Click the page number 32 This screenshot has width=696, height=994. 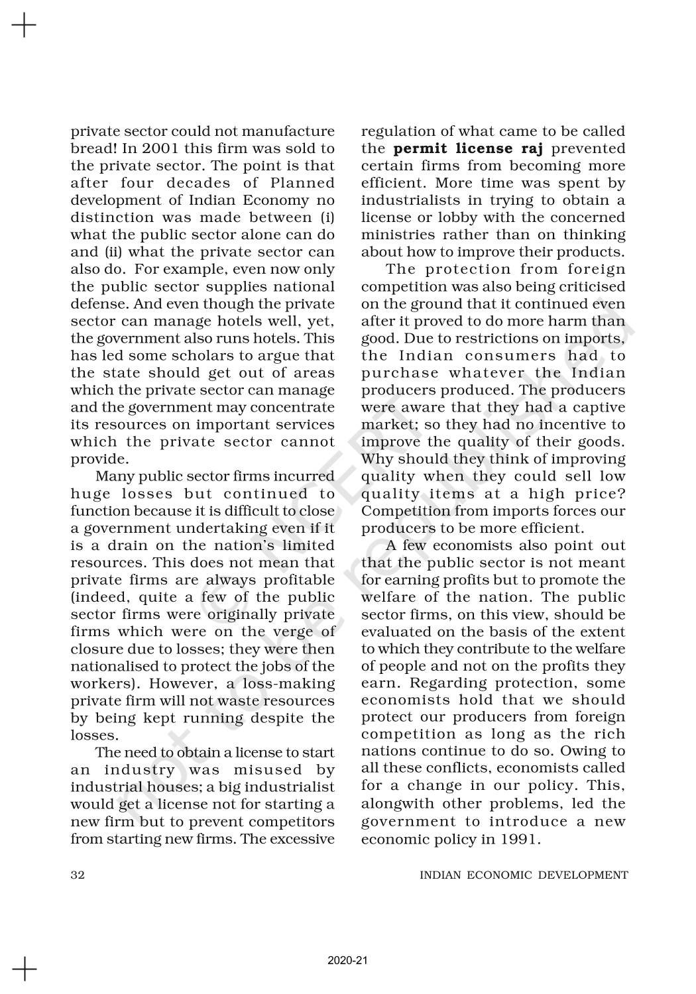pyautogui.click(x=78, y=875)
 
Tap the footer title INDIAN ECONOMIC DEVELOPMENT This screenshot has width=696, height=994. pyautogui.click(x=524, y=875)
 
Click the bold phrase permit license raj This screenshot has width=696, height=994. pyautogui.click(x=468, y=148)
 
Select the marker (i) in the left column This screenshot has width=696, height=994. pyautogui.click(x=326, y=217)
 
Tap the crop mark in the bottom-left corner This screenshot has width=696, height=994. pyautogui.click(x=24, y=969)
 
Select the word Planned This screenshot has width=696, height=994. pyautogui.click(x=306, y=183)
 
